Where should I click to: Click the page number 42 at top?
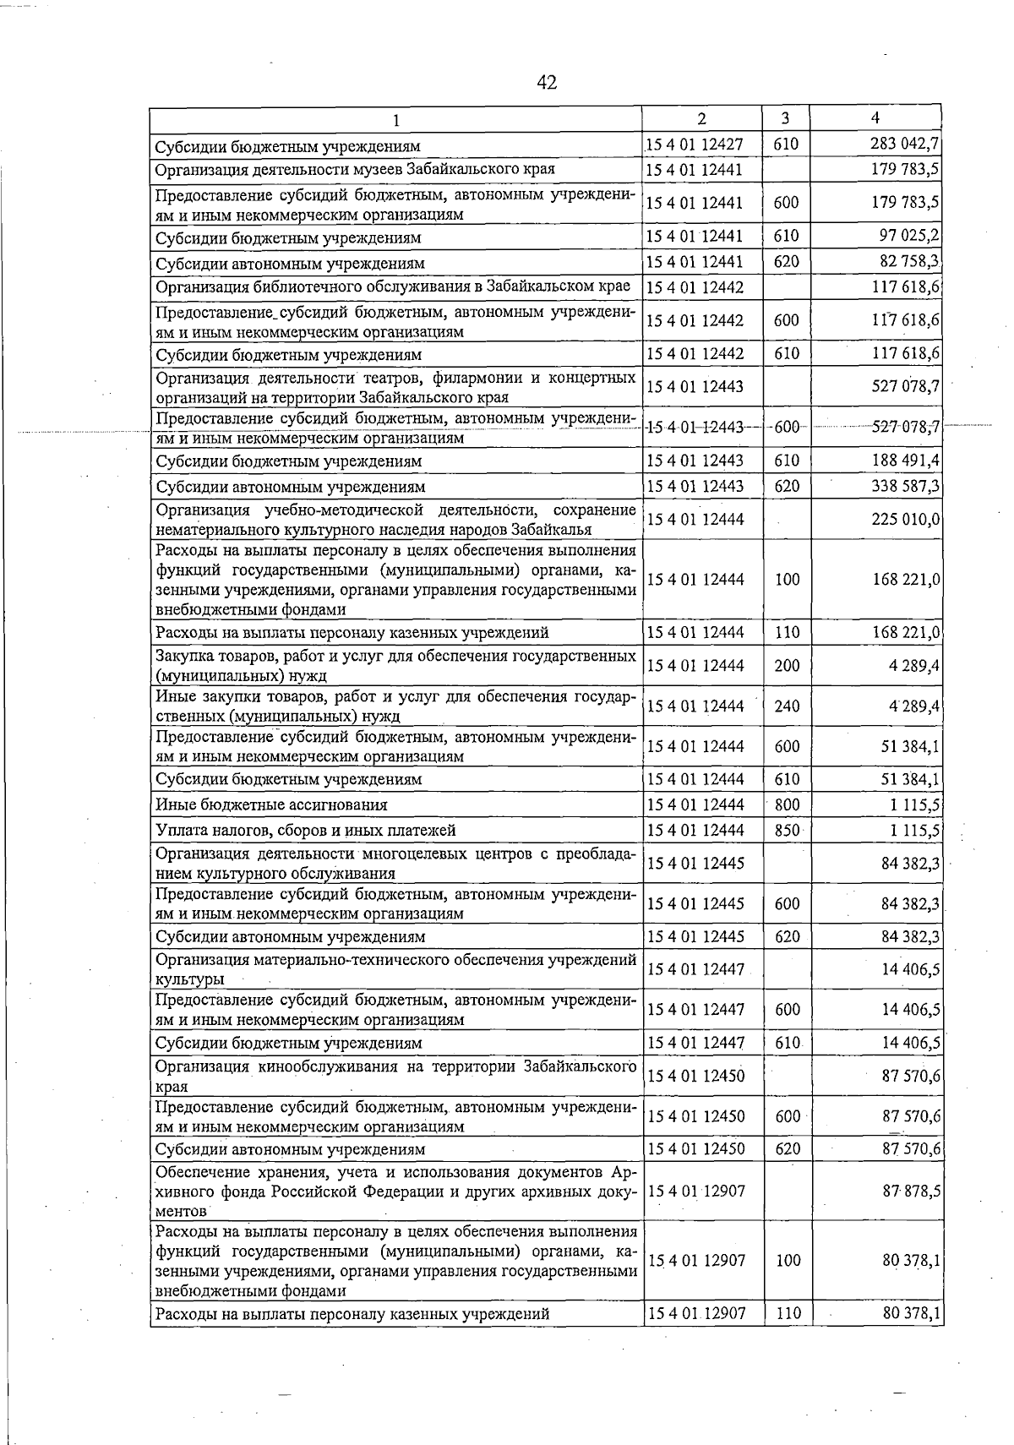[547, 82]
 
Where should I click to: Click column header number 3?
[785, 118]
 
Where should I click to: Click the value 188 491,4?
[906, 461]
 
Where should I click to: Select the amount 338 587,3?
[906, 486]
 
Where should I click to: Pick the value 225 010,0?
[906, 519]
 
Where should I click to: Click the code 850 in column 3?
[787, 830]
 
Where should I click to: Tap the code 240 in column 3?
[787, 706]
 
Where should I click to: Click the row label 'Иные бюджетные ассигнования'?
[271, 804]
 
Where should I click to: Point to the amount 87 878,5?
[911, 1191]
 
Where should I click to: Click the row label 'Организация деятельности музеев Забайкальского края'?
[355, 169]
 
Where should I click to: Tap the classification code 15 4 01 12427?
[695, 144]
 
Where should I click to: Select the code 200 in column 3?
[787, 665]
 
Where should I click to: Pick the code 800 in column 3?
[787, 804]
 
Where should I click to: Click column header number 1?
[395, 119]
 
